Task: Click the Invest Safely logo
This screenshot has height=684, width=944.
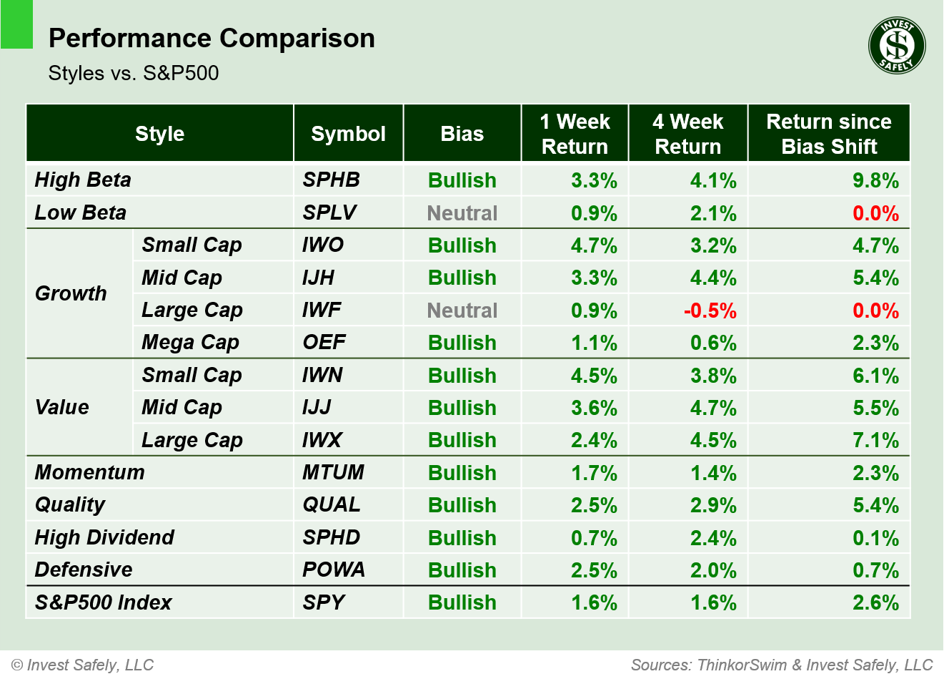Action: (897, 46)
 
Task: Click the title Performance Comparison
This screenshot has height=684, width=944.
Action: (212, 38)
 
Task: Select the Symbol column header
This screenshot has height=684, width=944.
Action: (348, 134)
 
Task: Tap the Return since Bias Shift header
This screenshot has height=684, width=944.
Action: (828, 134)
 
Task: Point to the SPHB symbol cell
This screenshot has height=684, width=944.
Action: (331, 180)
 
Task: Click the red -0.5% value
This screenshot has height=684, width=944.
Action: (710, 311)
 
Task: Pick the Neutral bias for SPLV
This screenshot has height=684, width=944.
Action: (462, 213)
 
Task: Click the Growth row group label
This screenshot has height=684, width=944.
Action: (71, 293)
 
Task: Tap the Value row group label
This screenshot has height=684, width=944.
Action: (62, 407)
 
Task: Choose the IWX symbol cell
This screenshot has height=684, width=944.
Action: (322, 440)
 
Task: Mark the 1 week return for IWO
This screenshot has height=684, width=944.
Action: (593, 245)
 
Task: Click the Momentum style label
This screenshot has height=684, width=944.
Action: (89, 472)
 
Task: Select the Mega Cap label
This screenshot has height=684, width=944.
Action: (190, 343)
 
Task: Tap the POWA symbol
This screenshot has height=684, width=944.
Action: (334, 570)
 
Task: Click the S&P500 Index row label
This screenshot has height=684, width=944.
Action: (103, 602)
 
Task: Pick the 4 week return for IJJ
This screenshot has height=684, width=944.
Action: (712, 408)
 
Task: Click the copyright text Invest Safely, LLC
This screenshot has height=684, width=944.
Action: (83, 665)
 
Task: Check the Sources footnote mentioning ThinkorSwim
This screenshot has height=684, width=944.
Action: (782, 665)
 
